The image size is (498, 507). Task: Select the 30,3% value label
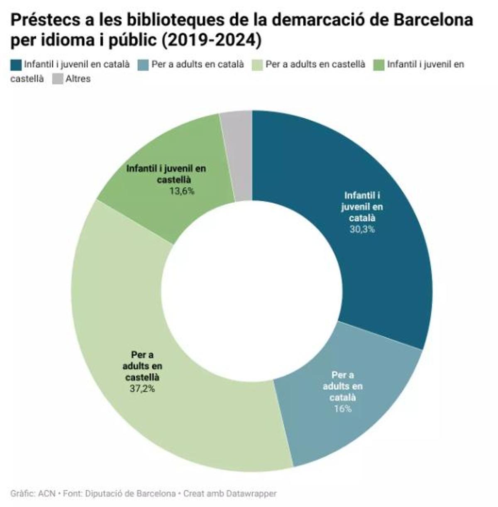362,229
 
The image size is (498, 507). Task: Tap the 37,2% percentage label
142,389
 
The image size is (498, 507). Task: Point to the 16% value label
343,409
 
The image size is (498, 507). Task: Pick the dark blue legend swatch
16,65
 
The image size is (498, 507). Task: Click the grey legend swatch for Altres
58,78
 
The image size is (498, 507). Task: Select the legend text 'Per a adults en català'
198,65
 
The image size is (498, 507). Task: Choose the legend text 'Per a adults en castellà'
315,65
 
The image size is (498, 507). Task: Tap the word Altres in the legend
78,78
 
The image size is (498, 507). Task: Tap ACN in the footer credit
46,494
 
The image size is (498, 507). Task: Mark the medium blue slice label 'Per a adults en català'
343,386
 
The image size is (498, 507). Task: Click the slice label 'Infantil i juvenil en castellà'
166,174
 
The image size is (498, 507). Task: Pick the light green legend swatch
257,65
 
